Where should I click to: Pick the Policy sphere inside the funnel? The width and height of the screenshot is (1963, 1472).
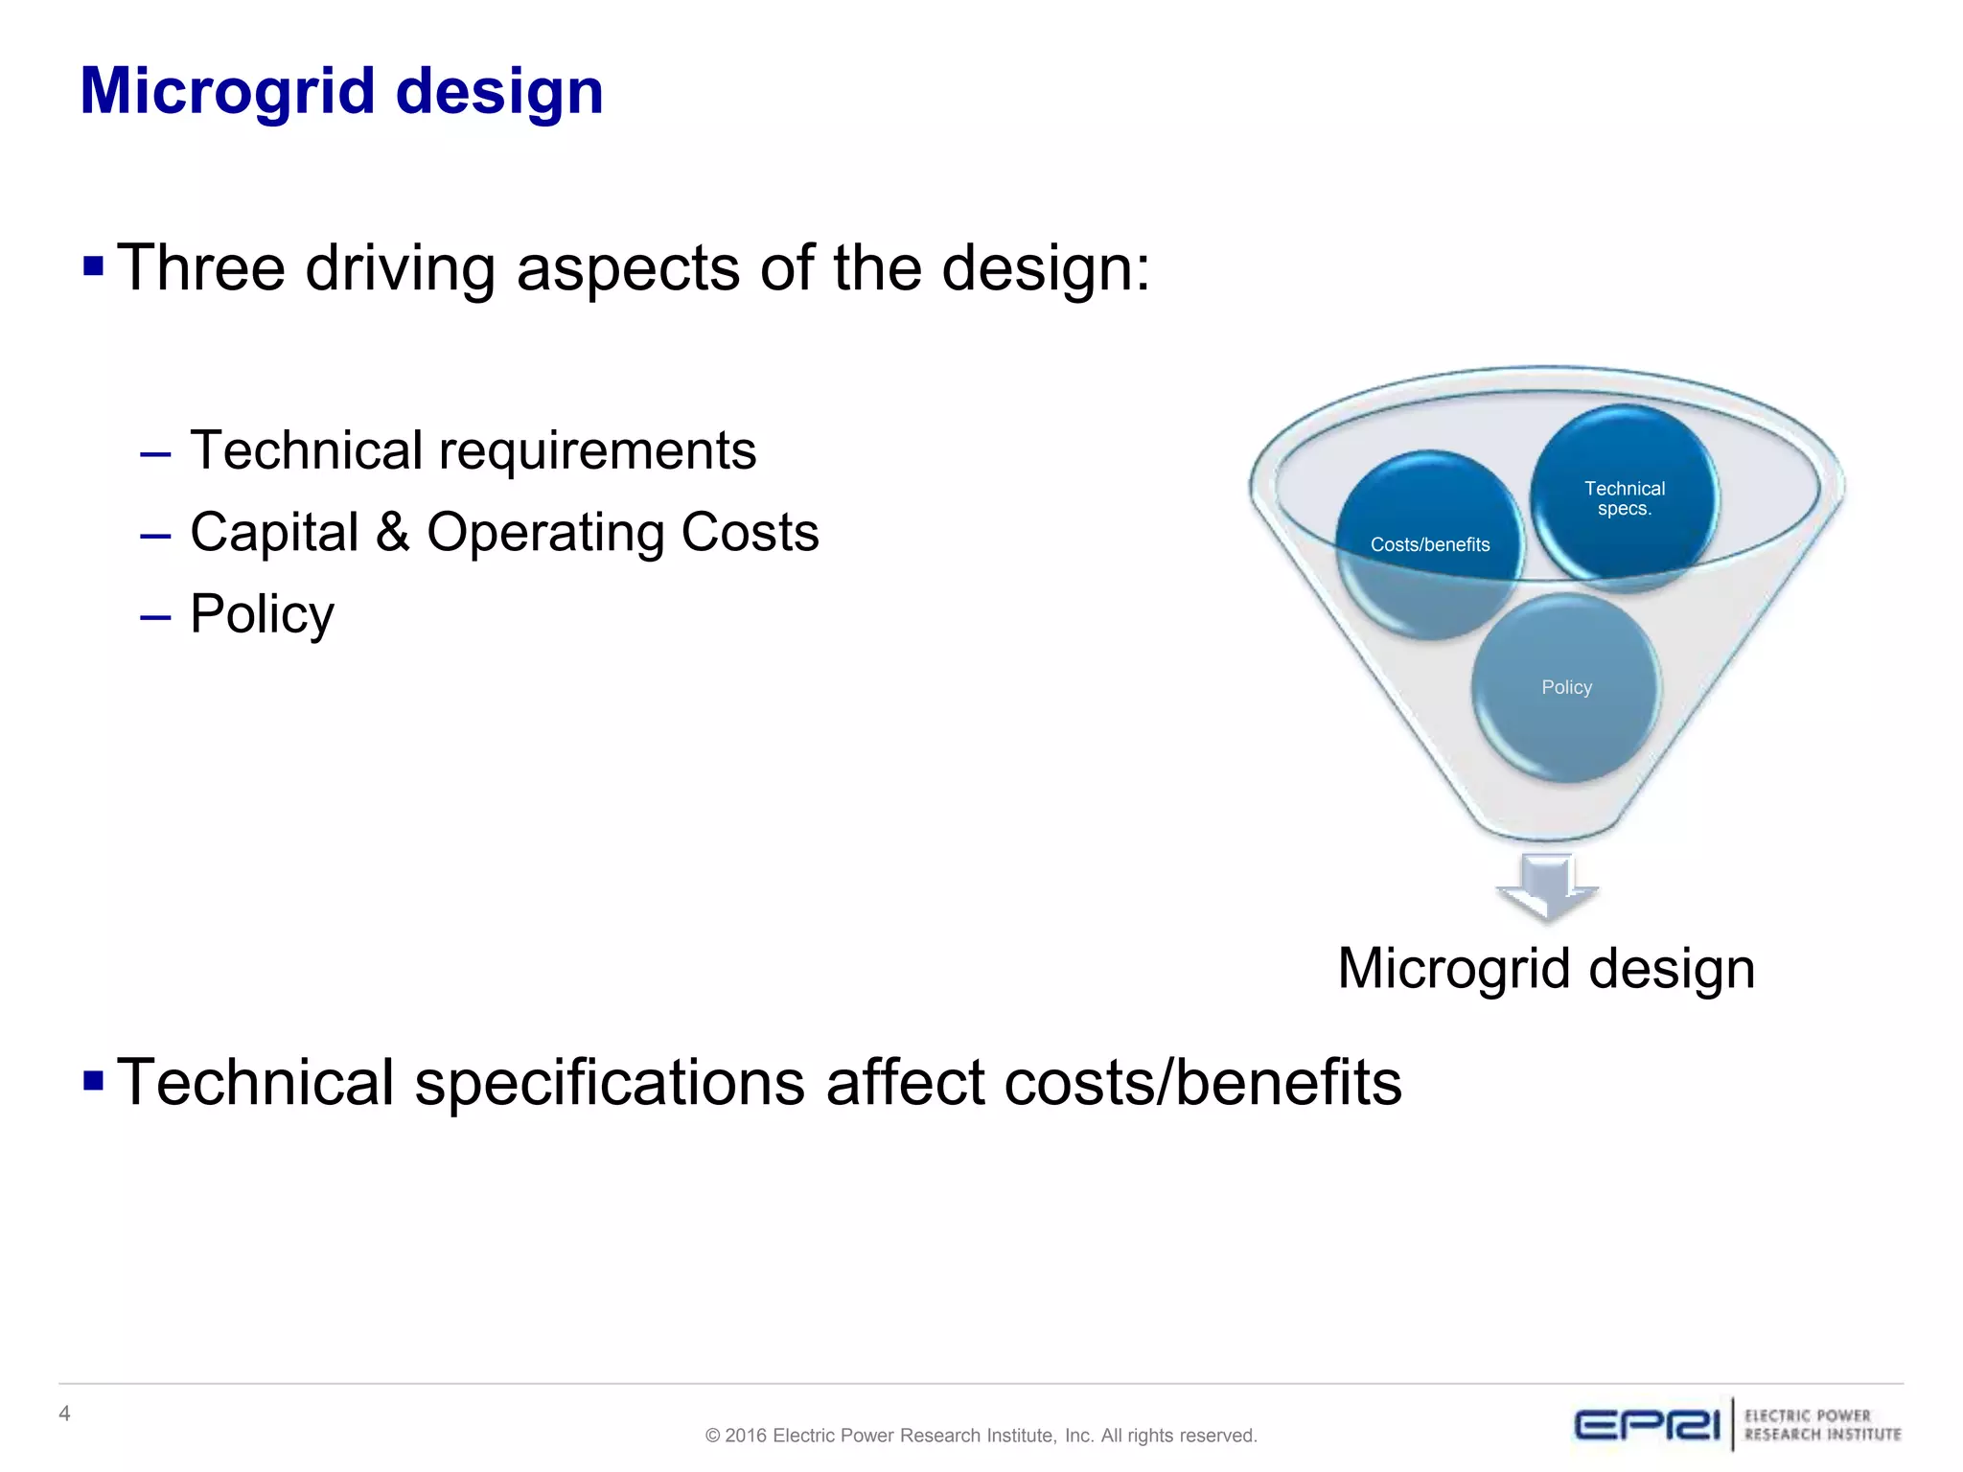(1566, 687)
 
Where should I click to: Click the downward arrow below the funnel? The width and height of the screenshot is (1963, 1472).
(1546, 887)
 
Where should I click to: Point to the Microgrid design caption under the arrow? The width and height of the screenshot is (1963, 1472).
(1545, 968)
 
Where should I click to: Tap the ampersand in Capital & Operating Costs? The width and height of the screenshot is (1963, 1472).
(392, 532)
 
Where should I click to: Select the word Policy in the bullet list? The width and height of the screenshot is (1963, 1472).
(262, 613)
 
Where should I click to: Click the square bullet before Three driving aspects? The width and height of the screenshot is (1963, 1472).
(93, 265)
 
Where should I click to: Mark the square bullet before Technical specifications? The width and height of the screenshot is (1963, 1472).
(93, 1081)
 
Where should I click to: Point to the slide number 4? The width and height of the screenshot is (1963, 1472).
(64, 1414)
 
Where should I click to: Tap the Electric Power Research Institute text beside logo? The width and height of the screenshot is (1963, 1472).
(1821, 1425)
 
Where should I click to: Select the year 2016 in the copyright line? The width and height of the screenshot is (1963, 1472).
(746, 1436)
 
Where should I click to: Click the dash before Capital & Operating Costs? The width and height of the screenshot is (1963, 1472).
(155, 534)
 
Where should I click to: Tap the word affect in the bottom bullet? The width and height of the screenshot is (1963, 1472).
(903, 1083)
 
